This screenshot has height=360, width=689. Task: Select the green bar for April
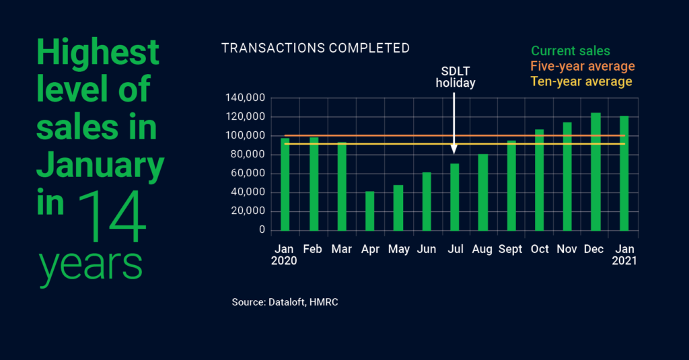[x=370, y=211]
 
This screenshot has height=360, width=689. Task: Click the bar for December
[x=595, y=172]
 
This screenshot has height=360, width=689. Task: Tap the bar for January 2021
[x=624, y=173]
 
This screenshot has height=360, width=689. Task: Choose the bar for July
[x=455, y=196]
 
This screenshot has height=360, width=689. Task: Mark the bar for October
[x=539, y=180]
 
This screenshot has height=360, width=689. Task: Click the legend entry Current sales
[x=570, y=51]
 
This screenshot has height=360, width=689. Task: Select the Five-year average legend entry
[x=582, y=67]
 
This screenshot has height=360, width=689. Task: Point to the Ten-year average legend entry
[x=581, y=82]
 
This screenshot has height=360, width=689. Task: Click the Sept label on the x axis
[x=511, y=250]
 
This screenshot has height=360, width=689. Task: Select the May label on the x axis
[x=398, y=250]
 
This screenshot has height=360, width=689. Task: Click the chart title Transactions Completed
[x=315, y=48]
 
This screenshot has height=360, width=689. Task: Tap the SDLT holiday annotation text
[x=456, y=77]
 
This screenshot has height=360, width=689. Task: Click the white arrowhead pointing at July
[x=455, y=149]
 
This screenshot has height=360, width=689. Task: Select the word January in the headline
[x=100, y=164]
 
